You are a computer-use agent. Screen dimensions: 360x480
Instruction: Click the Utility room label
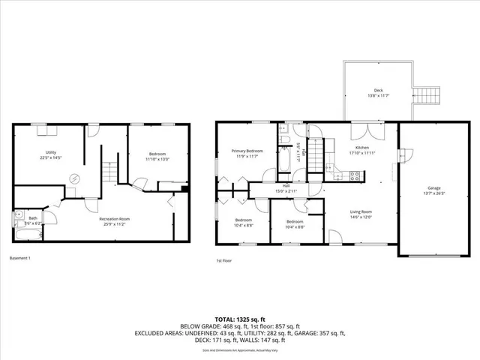[x=50, y=153]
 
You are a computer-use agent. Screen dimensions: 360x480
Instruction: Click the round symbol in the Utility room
[x=73, y=178]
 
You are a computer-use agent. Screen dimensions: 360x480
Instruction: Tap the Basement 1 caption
[x=19, y=258]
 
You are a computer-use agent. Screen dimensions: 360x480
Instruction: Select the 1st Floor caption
[x=223, y=261]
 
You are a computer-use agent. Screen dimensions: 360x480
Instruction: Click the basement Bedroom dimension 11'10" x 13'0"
[x=157, y=158]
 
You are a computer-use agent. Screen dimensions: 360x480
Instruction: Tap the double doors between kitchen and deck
[x=379, y=128]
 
